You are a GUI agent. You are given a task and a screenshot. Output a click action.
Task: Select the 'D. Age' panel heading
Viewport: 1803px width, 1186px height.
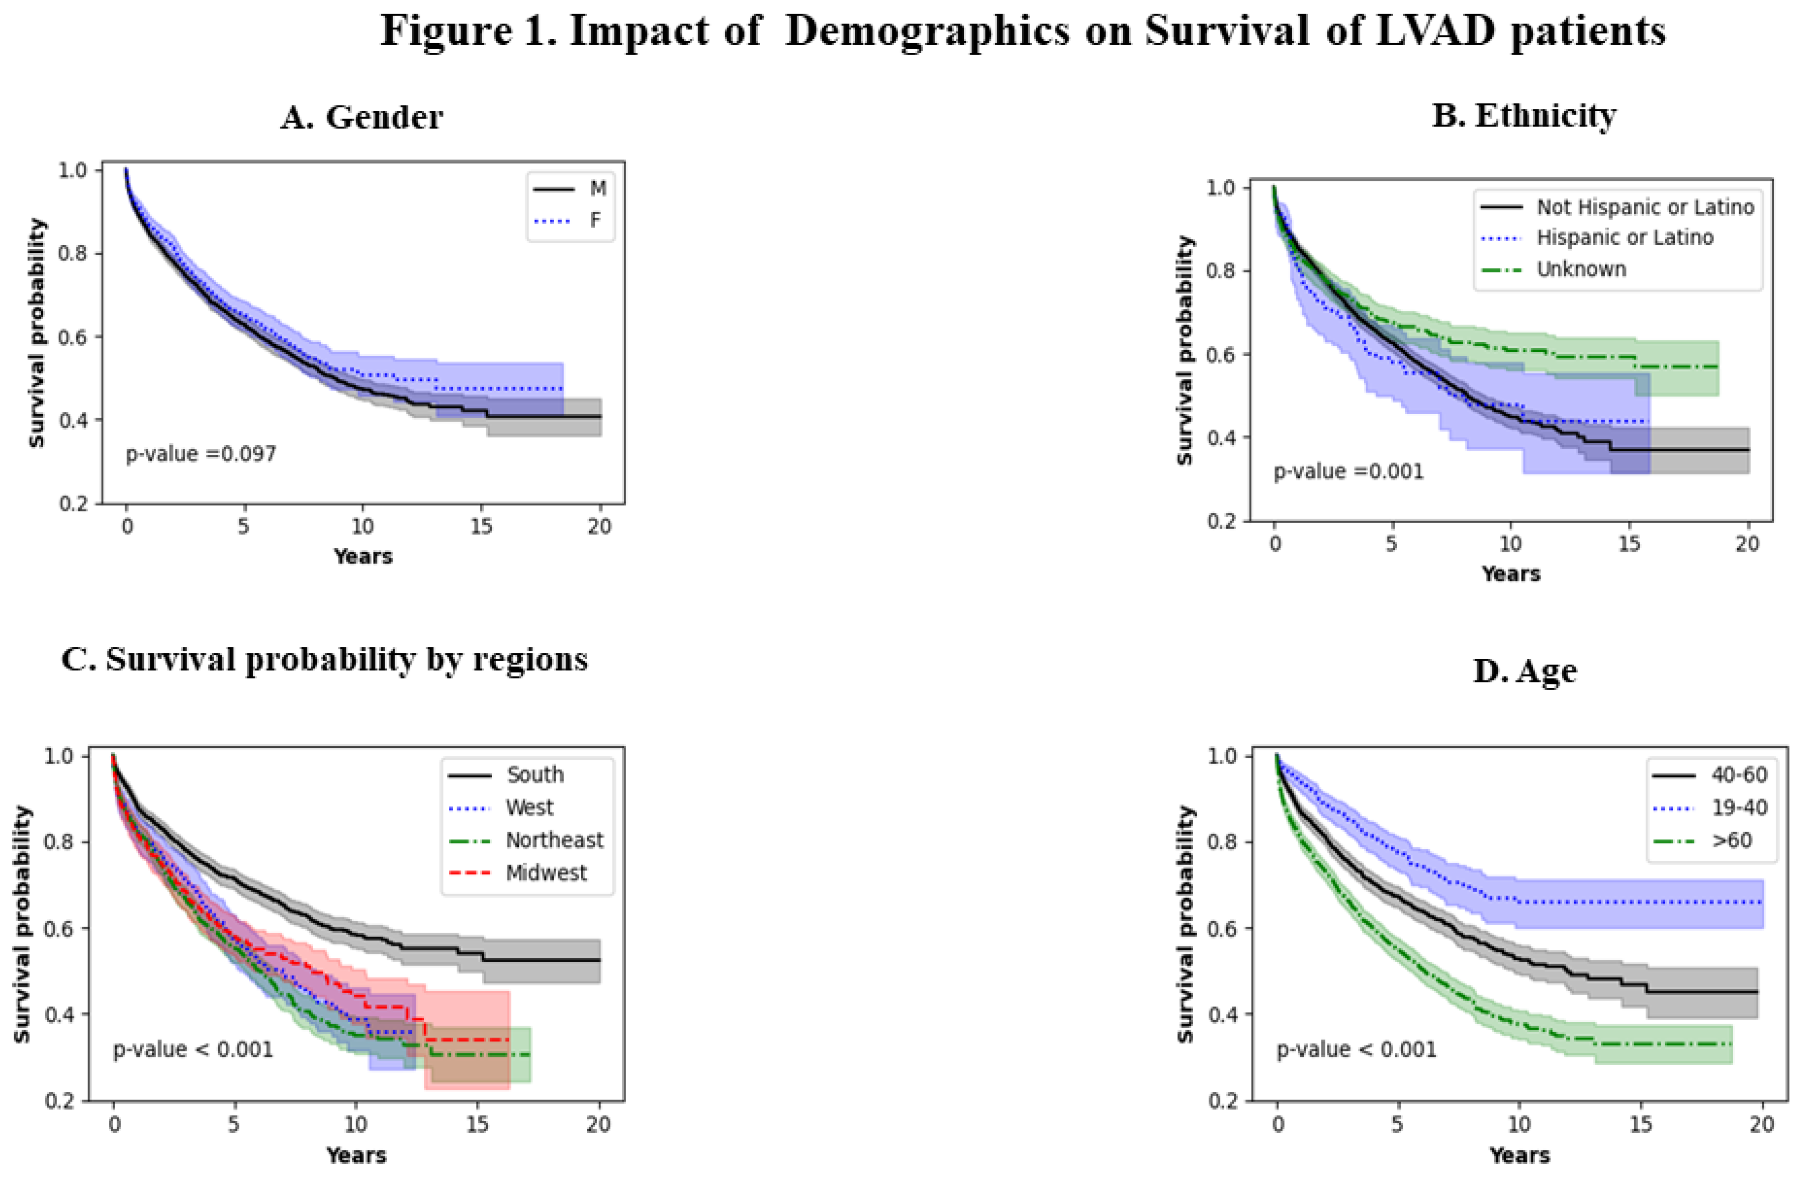pyautogui.click(x=1524, y=671)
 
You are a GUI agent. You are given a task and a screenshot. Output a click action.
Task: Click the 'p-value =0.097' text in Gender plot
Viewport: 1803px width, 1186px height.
pyautogui.click(x=201, y=454)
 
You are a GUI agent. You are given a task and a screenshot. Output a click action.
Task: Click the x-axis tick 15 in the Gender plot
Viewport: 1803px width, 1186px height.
pyautogui.click(x=481, y=526)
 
